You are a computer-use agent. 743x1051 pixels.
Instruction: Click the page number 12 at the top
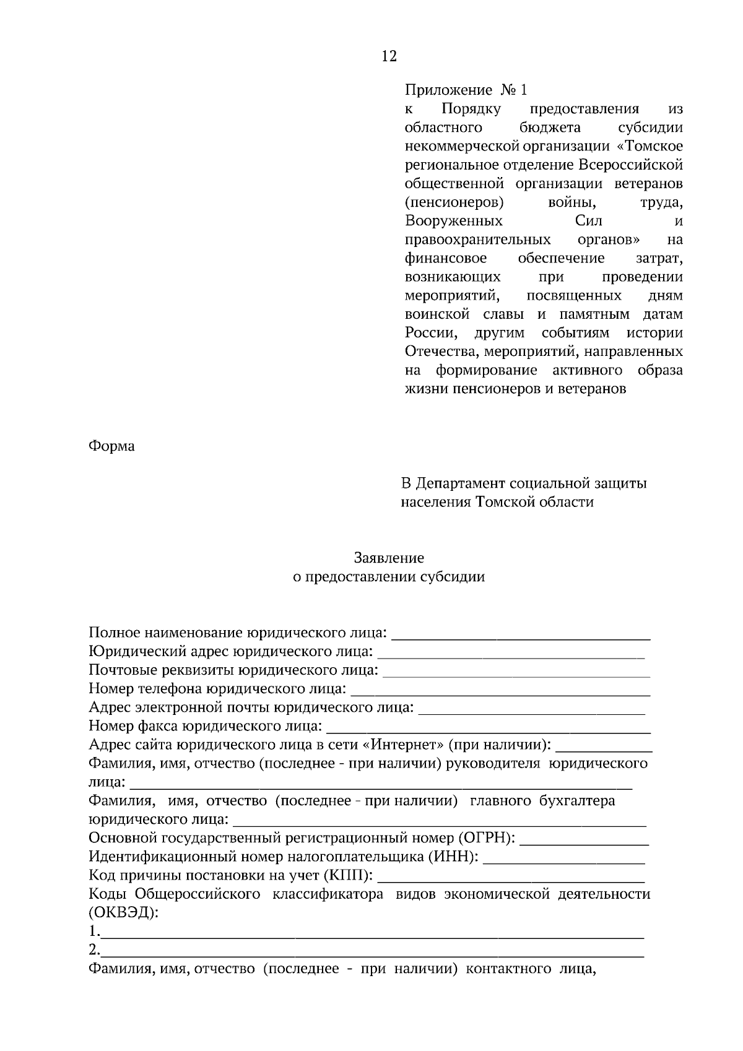pyautogui.click(x=389, y=56)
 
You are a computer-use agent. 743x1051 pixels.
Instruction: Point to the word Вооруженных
pyautogui.click(x=453, y=221)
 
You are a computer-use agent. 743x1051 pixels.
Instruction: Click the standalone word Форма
pyautogui.click(x=111, y=446)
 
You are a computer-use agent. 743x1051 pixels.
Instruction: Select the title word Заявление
pyautogui.click(x=389, y=558)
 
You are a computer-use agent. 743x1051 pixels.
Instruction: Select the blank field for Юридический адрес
pyautogui.click(x=511, y=654)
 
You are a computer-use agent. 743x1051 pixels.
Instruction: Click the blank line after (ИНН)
pyautogui.click(x=563, y=859)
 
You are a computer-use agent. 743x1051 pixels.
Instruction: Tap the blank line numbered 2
pyautogui.click(x=371, y=953)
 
